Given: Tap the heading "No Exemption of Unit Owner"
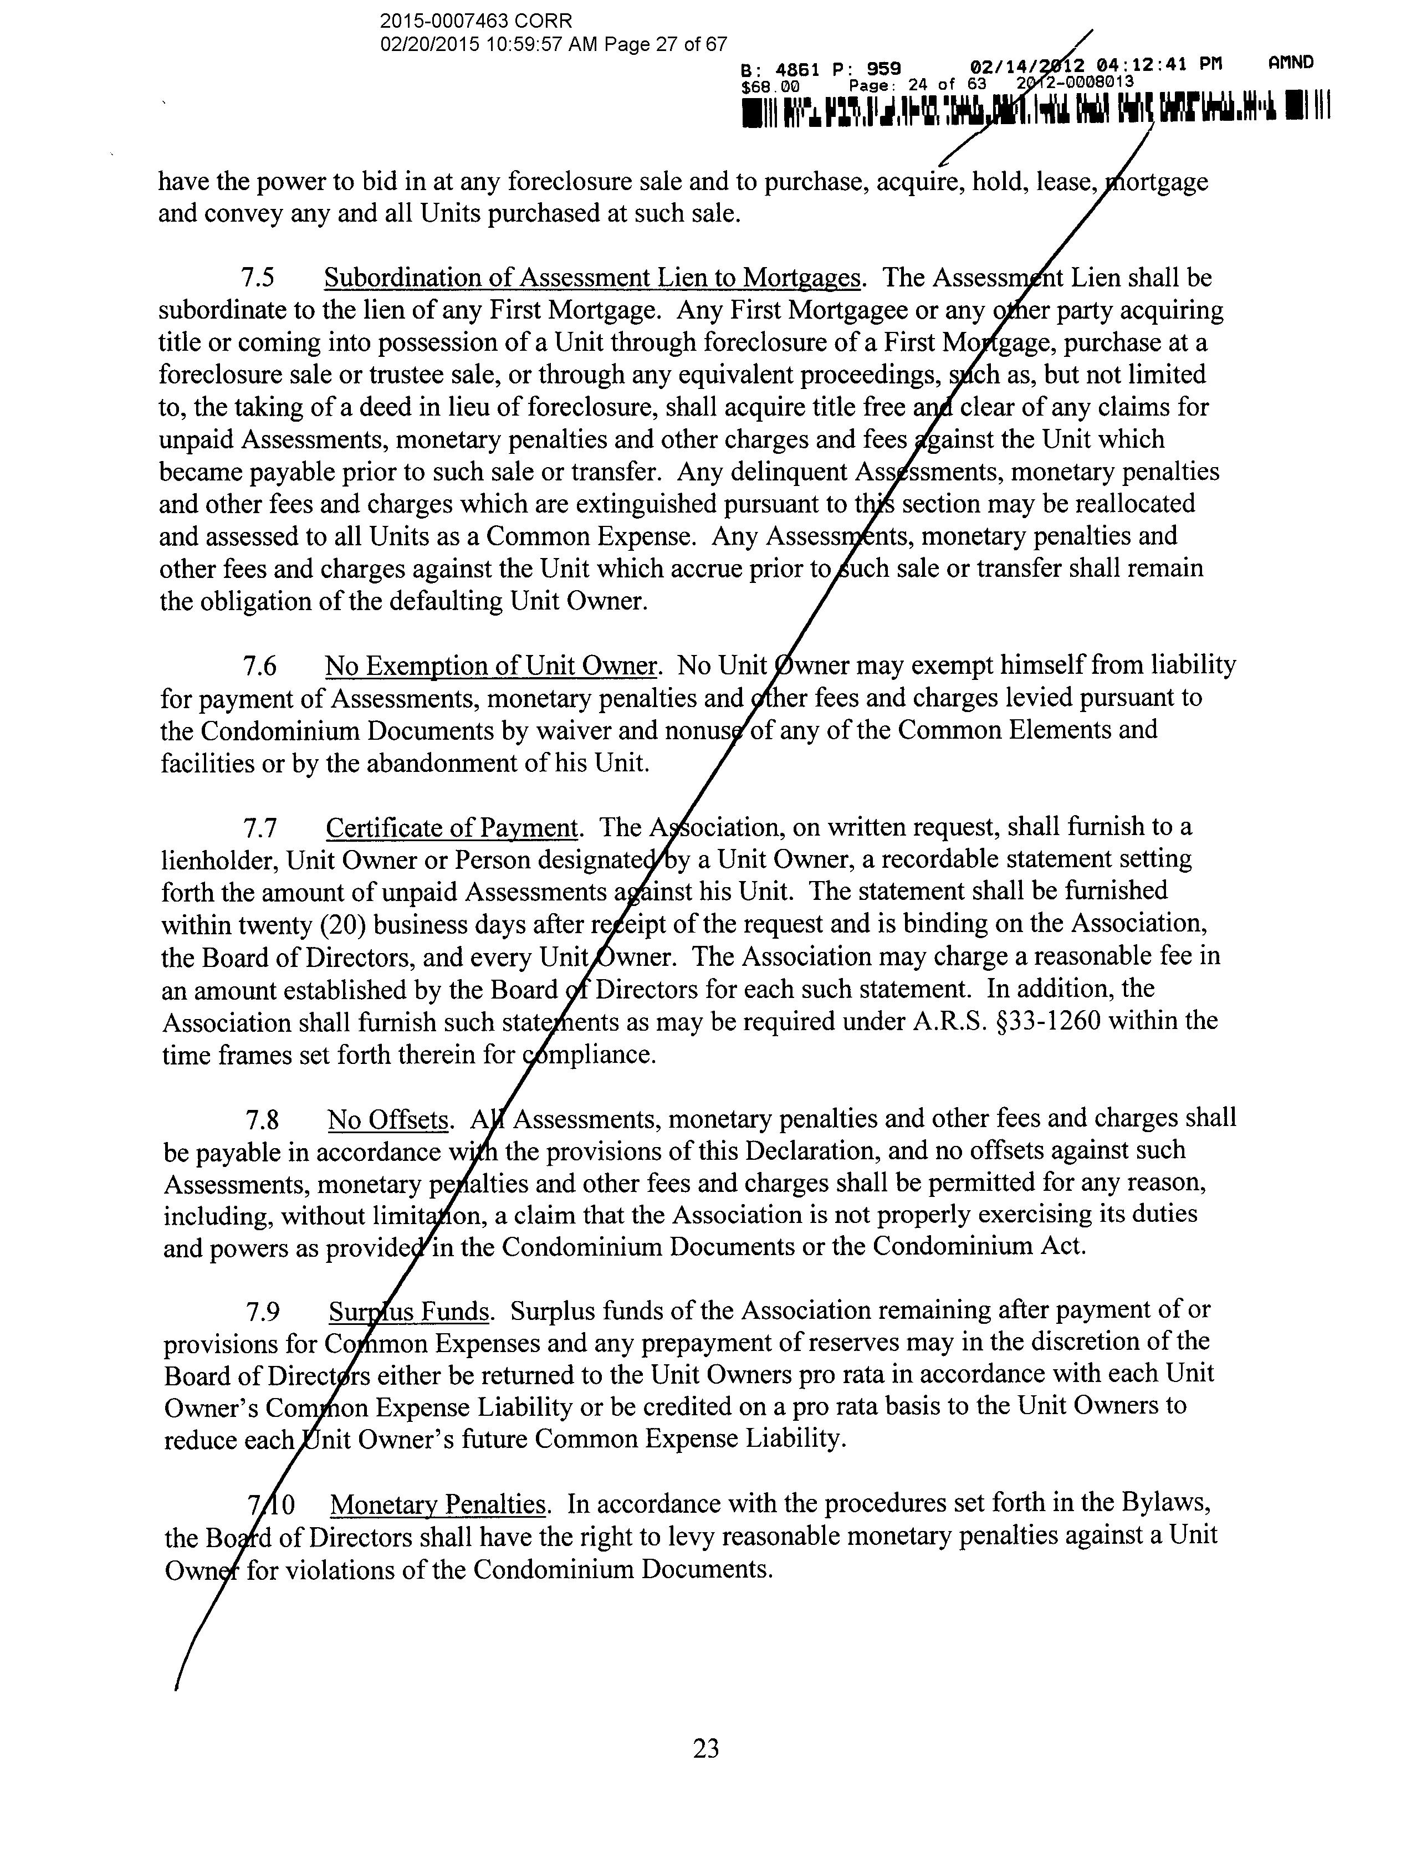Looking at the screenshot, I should click(490, 666).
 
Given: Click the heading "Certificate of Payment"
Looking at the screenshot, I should click(452, 828).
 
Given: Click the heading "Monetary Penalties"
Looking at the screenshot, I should click(438, 1504).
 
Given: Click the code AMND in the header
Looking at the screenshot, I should click(1290, 62).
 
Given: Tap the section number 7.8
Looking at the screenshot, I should click(262, 1120).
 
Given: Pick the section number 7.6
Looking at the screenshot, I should click(260, 667).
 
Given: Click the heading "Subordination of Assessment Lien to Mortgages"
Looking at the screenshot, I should click(592, 278).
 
